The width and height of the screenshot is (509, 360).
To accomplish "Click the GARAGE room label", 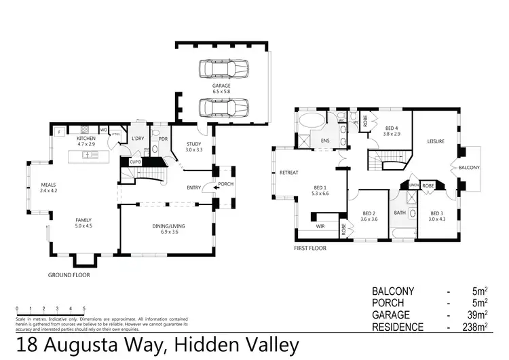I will (221, 86).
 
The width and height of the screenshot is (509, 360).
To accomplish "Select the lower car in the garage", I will (224, 107).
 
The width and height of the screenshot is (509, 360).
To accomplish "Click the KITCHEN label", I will (86, 138).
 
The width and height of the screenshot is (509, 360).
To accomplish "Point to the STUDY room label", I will (194, 144).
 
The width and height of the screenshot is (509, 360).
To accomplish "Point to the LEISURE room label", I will (435, 141).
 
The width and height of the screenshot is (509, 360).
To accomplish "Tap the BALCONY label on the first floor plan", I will (469, 167).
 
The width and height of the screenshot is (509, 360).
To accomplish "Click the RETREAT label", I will (289, 173).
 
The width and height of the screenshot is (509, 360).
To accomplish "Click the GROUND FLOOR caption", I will (69, 275).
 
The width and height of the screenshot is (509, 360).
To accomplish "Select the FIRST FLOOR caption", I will (309, 248).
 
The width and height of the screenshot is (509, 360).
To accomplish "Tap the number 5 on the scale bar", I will (84, 308).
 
